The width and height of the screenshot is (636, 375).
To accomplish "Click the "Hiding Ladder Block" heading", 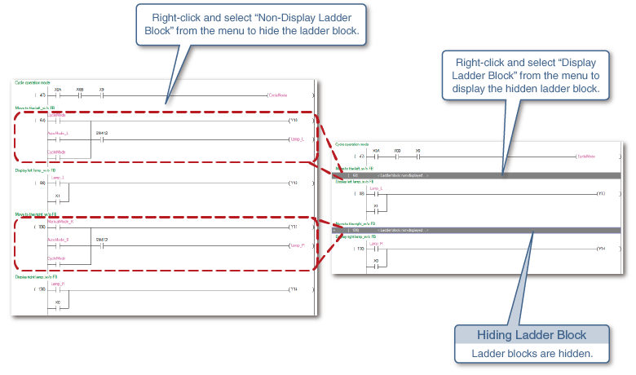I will pos(532,334).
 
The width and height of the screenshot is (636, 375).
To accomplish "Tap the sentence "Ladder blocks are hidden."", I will pos(532,353).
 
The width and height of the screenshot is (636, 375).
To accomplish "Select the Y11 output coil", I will pos(294,227).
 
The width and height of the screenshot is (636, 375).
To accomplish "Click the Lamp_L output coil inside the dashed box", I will pos(295,139).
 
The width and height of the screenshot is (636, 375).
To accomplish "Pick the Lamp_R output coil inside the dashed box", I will pos(295,245).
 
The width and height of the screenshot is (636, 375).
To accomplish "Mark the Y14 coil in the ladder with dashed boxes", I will pos(294,289).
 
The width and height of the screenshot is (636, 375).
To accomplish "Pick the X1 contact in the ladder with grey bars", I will pos(376,210).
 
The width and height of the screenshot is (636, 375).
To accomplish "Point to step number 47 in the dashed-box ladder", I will pos(42,95).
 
